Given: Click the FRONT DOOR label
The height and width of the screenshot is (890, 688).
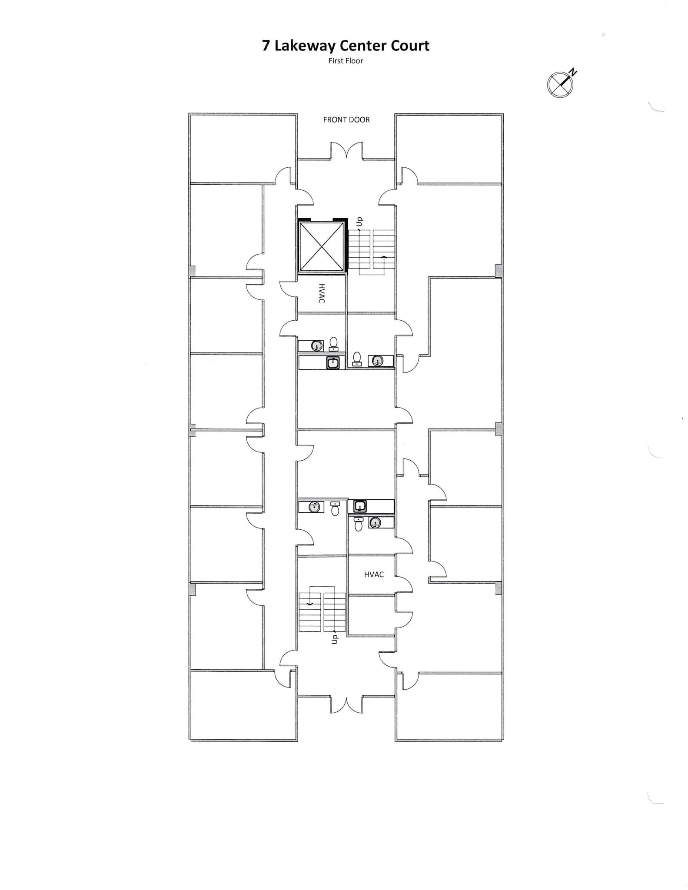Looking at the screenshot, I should click(346, 120).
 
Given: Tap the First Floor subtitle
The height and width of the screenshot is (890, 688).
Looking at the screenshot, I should click(346, 61).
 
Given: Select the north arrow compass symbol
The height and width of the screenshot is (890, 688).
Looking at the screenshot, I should click(560, 84).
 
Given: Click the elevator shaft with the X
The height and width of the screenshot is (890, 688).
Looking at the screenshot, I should click(322, 247).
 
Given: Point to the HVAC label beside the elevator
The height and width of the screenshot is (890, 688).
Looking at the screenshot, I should click(322, 293).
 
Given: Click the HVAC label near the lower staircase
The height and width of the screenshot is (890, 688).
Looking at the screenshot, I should click(374, 575).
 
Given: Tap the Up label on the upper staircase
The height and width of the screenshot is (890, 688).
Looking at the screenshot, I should click(359, 222).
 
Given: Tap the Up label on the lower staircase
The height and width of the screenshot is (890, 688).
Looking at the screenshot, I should click(334, 639).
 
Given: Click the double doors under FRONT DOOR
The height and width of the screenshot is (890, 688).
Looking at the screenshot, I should click(346, 152).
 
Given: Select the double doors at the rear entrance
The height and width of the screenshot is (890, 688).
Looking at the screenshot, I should click(346, 704).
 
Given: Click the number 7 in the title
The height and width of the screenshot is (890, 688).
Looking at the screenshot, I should click(266, 46).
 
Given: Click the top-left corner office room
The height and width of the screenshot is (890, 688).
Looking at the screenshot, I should click(243, 148).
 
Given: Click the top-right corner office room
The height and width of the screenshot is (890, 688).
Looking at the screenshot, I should click(450, 148).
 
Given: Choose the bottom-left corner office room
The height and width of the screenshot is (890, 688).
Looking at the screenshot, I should click(243, 706).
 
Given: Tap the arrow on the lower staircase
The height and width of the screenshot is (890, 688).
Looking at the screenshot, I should click(310, 604).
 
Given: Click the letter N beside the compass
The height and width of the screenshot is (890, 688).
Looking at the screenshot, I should click(574, 72).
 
